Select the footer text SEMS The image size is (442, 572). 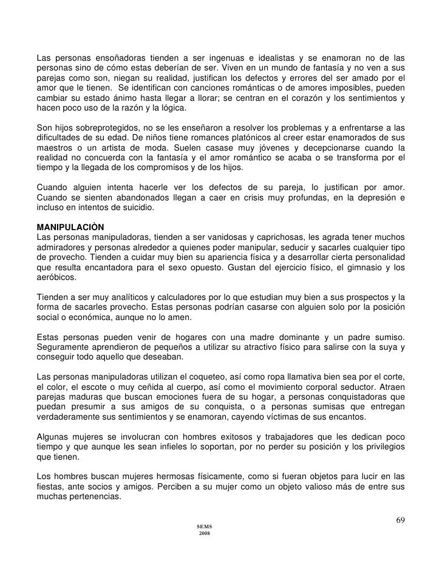[x=204, y=525]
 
